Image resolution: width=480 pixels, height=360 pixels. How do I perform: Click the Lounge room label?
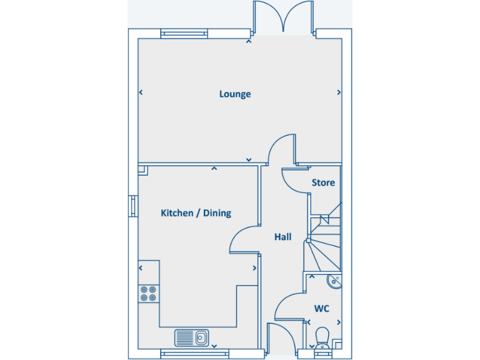(x=235, y=94)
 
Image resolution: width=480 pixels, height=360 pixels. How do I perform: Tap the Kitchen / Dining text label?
(x=196, y=213)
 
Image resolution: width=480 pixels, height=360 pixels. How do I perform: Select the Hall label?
(x=282, y=237)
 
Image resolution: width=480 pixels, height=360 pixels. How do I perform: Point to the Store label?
(x=323, y=182)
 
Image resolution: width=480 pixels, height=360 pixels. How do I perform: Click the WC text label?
(x=321, y=308)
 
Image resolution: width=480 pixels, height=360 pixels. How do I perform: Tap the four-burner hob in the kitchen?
(x=148, y=293)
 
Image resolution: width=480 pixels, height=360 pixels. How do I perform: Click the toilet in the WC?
(x=322, y=337)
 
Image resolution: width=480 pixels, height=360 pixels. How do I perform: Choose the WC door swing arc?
(x=290, y=307)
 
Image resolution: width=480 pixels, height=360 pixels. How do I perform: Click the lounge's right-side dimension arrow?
(x=339, y=92)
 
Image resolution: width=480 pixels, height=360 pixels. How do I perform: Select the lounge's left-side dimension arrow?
(x=141, y=92)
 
